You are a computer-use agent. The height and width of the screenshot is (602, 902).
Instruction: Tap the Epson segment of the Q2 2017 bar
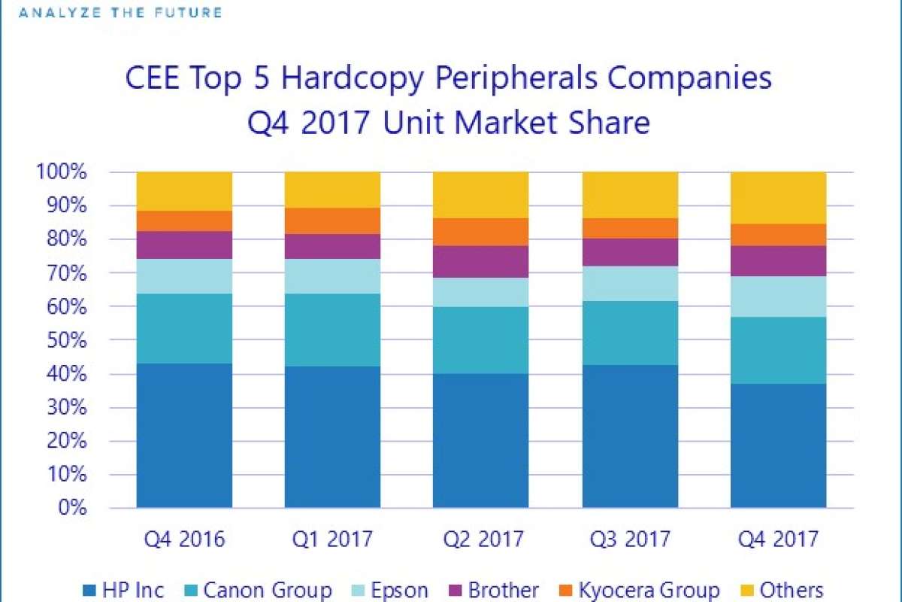(480, 292)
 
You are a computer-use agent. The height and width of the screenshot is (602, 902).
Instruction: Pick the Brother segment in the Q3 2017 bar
(629, 252)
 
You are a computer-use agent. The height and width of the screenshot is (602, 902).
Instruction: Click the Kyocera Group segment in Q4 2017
(778, 235)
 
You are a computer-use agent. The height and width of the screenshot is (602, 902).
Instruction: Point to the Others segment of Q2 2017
(480, 195)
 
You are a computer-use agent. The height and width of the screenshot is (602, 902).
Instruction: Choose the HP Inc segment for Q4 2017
(778, 445)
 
